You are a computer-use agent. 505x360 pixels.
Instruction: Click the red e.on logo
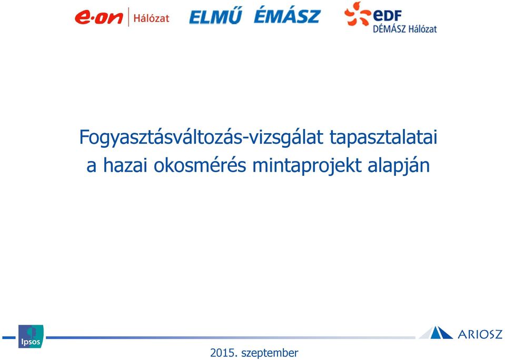click(x=99, y=17)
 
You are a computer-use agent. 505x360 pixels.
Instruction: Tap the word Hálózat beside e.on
click(x=151, y=18)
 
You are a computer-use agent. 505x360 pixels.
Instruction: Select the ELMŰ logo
click(x=215, y=16)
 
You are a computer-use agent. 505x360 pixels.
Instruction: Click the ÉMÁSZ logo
click(x=288, y=16)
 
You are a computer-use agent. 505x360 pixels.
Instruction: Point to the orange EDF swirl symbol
click(x=357, y=14)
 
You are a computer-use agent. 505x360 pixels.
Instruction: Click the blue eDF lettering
click(x=387, y=15)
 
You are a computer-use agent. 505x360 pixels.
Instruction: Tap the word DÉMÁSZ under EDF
click(x=389, y=29)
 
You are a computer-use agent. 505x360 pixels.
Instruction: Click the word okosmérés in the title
click(x=200, y=165)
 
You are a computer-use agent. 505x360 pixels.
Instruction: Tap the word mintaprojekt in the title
click(x=307, y=166)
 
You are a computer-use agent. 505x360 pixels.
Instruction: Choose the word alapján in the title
click(x=399, y=166)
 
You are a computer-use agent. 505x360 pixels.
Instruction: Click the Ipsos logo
click(x=31, y=336)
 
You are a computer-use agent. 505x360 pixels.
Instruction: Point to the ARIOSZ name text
click(x=480, y=334)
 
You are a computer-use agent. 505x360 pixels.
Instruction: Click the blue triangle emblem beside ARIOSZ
click(x=436, y=333)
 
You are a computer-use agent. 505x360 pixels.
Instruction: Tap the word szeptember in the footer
click(x=270, y=353)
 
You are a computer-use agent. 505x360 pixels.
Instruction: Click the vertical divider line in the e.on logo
click(x=128, y=17)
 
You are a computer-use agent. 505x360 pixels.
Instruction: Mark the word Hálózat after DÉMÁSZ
click(x=423, y=29)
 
